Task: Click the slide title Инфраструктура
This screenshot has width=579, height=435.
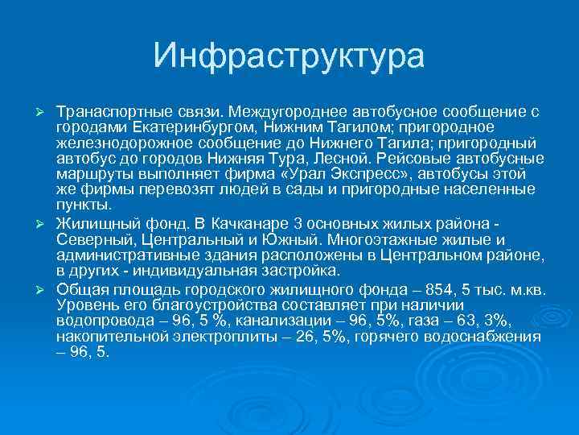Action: click(289, 56)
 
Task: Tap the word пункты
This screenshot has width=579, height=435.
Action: click(83, 205)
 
